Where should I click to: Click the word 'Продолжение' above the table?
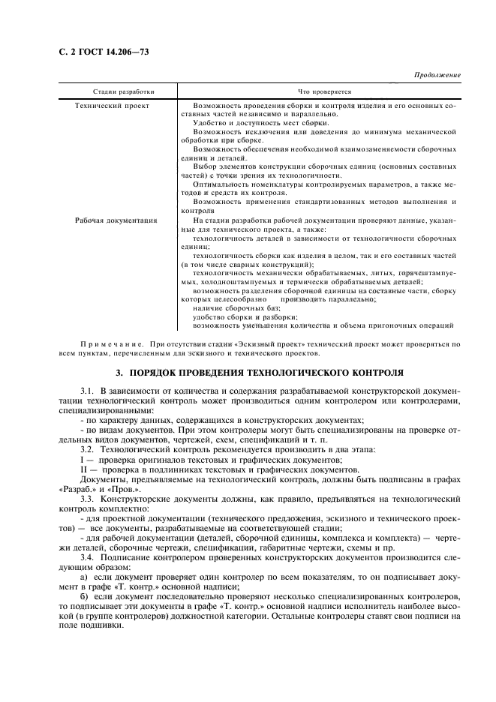click(437, 76)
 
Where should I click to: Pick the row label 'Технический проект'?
click(113, 106)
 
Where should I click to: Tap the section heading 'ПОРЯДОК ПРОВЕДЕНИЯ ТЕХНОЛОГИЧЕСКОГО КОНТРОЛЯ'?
click(259, 371)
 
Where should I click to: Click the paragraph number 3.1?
click(86, 392)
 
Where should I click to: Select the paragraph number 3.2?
click(86, 448)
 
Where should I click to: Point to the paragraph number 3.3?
click(86, 498)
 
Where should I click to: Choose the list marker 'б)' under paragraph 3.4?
click(84, 595)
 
